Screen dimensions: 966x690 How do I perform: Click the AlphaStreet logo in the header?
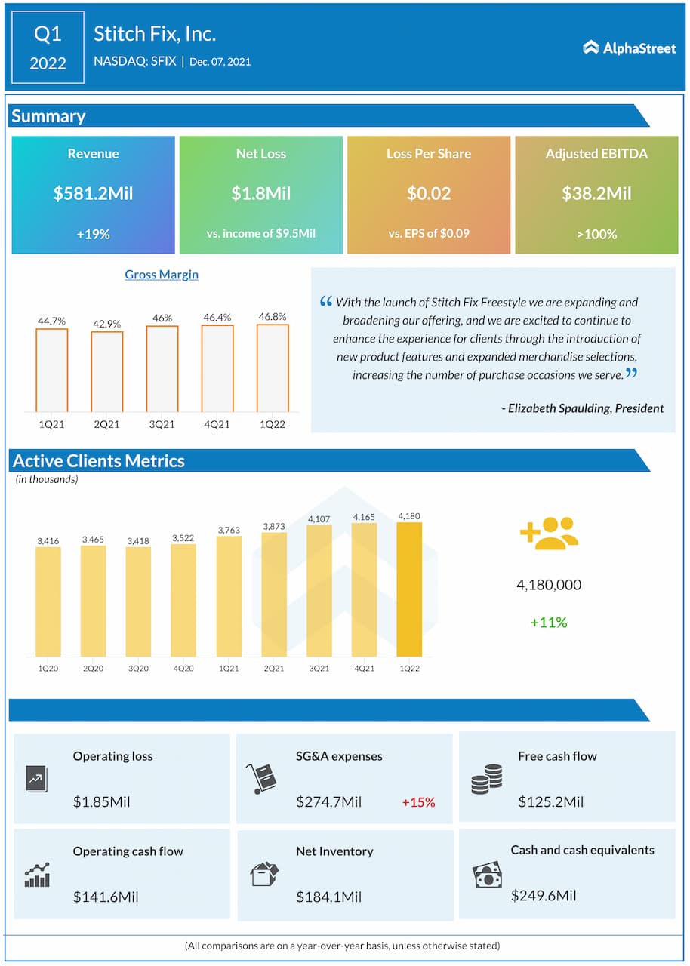click(629, 48)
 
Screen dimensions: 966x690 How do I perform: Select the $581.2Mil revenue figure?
click(93, 193)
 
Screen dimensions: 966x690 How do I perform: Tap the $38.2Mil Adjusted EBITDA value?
click(596, 193)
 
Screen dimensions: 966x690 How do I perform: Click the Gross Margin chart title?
click(162, 275)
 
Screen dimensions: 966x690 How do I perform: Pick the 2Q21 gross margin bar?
click(106, 371)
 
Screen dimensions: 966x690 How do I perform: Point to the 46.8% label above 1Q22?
click(272, 317)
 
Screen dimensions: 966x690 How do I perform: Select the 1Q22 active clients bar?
click(409, 589)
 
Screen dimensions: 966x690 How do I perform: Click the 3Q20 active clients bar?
click(138, 601)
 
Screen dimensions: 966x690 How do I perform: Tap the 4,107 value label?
click(319, 518)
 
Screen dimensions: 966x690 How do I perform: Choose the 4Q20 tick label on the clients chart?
click(183, 669)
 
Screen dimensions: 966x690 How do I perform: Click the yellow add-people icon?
click(549, 532)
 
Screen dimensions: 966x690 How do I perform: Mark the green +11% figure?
click(549, 623)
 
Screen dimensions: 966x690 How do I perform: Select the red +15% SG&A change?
click(418, 802)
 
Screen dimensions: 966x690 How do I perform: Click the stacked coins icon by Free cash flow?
click(486, 779)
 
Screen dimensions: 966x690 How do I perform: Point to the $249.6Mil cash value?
click(544, 896)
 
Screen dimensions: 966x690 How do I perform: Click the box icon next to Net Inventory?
click(264, 874)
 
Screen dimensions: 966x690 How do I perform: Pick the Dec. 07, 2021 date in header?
click(220, 62)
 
